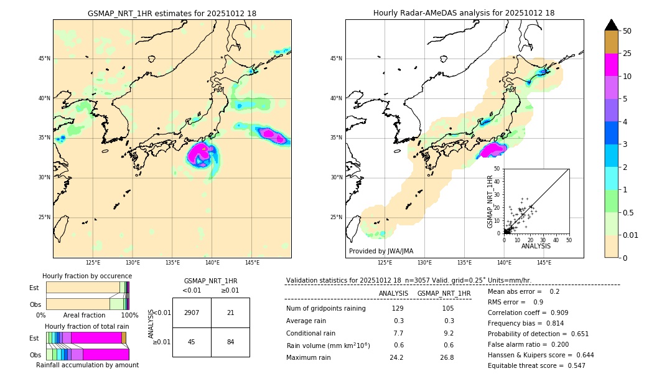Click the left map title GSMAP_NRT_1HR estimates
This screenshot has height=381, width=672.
tap(172, 13)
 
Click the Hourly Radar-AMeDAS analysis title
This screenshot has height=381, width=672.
tap(464, 13)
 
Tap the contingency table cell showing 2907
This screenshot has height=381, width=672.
tap(192, 313)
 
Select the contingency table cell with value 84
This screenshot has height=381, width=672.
tap(230, 342)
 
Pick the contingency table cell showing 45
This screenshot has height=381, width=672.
tap(192, 342)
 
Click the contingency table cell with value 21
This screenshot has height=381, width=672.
tap(230, 313)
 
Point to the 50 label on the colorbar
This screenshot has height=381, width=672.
tap(627, 31)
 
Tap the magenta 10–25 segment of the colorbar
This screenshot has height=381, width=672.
tap(611, 65)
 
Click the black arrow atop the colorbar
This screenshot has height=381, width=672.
tap(611, 25)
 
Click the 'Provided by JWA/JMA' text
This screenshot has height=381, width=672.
tap(381, 251)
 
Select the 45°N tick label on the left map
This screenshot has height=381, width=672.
tap(44, 59)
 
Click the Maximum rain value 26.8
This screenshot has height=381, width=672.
tap(447, 357)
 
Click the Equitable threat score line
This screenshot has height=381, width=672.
tap(536, 365)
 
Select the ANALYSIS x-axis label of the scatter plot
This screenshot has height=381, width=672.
tap(536, 246)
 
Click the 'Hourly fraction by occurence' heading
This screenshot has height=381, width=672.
tap(87, 276)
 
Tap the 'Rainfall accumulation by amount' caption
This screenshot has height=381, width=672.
tap(87, 365)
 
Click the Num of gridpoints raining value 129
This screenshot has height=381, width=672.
tap(398, 309)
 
